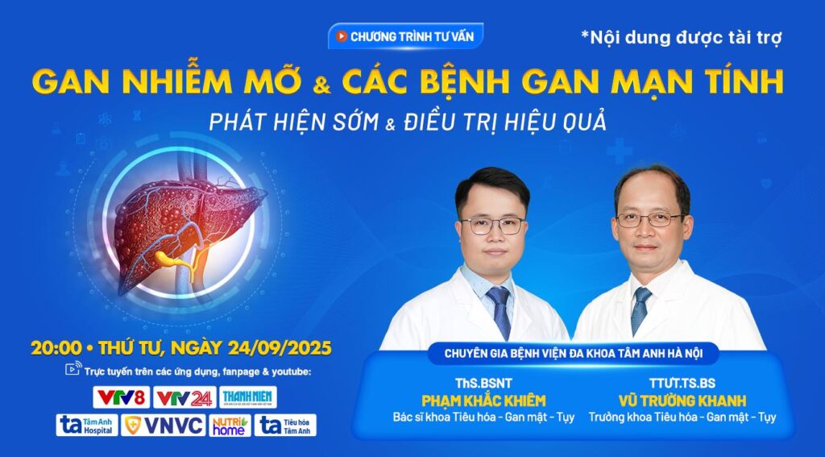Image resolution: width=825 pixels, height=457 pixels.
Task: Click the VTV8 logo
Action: (122, 397)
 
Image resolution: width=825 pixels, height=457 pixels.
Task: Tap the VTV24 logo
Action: (184, 397)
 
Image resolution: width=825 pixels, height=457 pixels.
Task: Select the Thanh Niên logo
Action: (248, 397)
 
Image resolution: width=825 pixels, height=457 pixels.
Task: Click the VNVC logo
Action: (163, 425)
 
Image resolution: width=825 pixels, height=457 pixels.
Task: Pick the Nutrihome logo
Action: (230, 425)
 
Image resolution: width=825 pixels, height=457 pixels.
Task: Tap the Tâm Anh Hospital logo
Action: (87, 425)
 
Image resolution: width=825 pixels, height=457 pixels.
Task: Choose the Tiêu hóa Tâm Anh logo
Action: (286, 425)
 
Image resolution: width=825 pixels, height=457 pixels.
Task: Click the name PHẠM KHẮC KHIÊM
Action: (483, 401)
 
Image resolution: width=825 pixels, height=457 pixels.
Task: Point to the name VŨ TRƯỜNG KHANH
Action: (682, 401)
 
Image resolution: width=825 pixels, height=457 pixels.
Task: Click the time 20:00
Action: (56, 348)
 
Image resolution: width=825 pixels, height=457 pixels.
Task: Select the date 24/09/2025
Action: (280, 348)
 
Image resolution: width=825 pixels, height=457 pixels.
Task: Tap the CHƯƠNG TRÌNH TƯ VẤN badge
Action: (405, 36)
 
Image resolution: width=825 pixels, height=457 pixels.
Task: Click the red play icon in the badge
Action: (342, 36)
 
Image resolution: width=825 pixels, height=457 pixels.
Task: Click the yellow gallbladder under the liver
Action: (169, 258)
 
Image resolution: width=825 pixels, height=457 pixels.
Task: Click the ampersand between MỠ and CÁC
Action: (322, 85)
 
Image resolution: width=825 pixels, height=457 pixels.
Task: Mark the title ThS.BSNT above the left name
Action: (483, 383)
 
